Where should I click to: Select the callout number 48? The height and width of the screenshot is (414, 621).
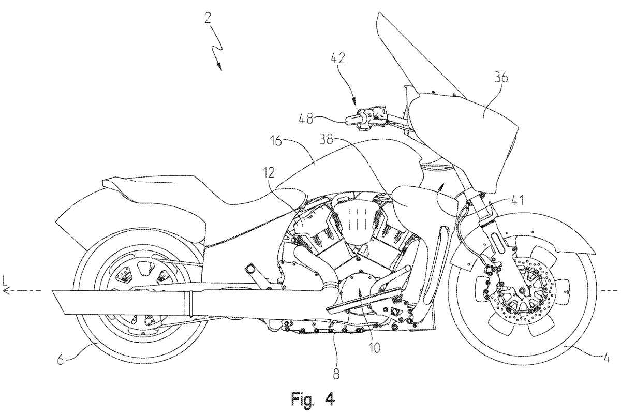305,119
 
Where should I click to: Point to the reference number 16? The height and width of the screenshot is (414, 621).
274,142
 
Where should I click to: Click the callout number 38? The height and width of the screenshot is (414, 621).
327,140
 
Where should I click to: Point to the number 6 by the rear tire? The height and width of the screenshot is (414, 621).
61,360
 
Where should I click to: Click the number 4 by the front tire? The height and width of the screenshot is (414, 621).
606,358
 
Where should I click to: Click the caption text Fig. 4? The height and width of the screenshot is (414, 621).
313,400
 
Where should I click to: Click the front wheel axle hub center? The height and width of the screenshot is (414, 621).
522,291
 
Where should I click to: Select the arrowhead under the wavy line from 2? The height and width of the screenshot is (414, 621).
220,67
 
